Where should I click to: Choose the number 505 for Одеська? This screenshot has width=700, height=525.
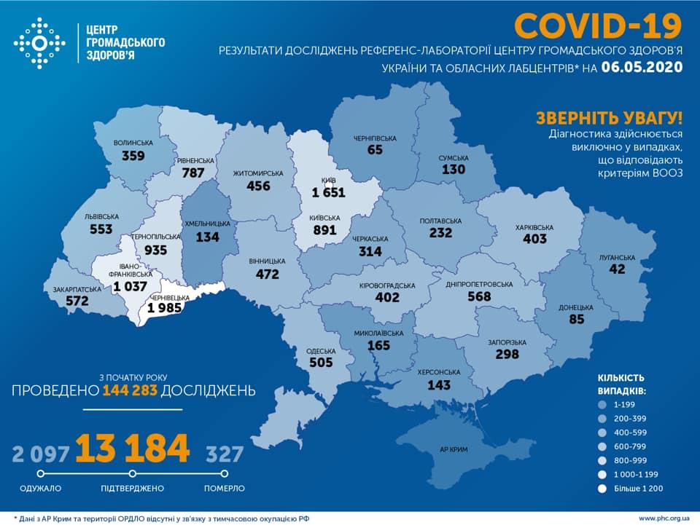point(321,362)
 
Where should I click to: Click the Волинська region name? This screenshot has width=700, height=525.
point(133,143)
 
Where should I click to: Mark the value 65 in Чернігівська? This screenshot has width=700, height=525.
point(376,150)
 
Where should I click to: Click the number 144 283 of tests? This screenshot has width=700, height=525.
point(130,391)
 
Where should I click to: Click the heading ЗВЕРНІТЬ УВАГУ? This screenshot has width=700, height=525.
point(610,118)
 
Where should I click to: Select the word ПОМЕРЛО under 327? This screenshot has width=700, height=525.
point(225,488)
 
